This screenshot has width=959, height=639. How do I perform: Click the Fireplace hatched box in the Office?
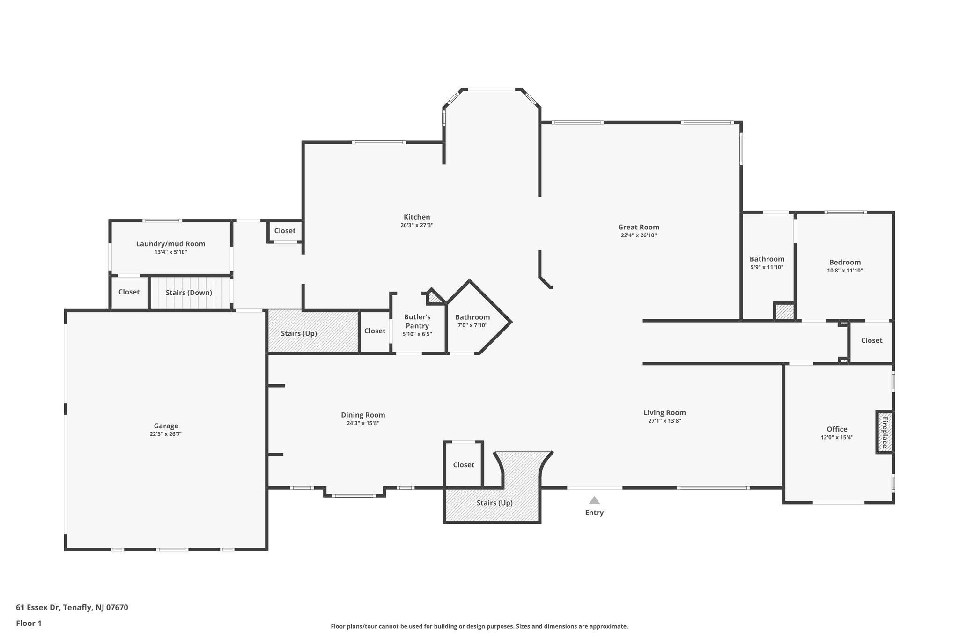(x=884, y=432)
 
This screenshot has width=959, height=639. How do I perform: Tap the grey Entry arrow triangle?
(x=594, y=500)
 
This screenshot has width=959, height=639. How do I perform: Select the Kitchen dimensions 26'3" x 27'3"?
(x=417, y=225)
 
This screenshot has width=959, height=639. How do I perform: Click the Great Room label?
(x=638, y=227)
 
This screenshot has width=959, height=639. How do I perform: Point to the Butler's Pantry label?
(x=417, y=322)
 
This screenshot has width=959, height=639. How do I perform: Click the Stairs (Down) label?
(x=189, y=293)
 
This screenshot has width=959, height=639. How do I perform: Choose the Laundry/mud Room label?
(x=170, y=244)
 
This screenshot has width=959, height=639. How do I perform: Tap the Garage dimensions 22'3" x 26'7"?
(x=166, y=434)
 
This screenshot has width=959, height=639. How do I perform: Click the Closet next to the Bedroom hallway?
(x=871, y=340)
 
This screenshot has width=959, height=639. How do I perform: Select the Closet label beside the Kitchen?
(x=285, y=231)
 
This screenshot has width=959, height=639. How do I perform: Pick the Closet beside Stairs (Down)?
(x=129, y=292)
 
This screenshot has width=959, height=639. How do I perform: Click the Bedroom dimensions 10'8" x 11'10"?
(x=845, y=271)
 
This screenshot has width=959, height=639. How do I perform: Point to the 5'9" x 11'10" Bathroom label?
(x=767, y=259)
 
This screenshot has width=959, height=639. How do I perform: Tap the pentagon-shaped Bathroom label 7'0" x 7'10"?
(x=472, y=317)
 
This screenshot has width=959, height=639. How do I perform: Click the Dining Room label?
(x=363, y=415)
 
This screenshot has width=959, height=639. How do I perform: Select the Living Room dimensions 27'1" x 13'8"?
(x=664, y=421)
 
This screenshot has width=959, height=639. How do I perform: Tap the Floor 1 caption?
(x=29, y=623)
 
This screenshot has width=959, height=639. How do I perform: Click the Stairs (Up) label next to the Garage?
(x=299, y=333)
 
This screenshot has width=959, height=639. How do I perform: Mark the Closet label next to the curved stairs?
(x=464, y=465)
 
